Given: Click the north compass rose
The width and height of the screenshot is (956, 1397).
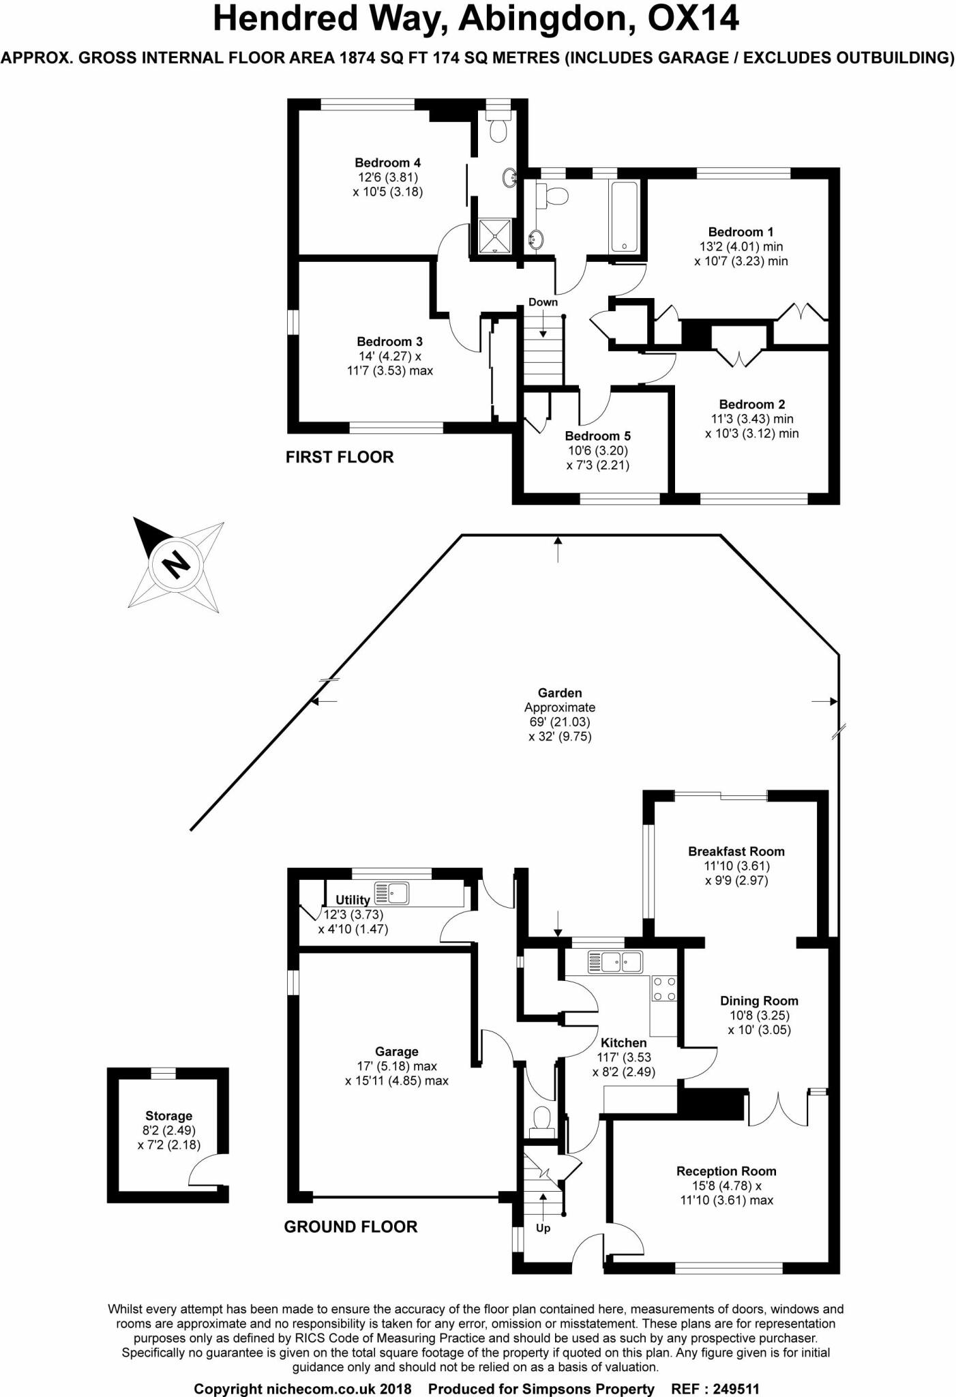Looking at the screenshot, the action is point(177,564).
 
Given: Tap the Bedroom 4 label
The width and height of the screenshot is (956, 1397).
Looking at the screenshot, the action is point(387,162).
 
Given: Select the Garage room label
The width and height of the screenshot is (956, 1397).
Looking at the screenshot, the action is point(396,1052).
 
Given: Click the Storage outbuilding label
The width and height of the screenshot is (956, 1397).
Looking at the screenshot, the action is point(168,1116).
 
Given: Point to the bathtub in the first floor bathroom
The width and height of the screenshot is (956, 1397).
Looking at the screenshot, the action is point(624,217).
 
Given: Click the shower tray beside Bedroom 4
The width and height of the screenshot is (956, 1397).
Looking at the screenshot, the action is point(496,236).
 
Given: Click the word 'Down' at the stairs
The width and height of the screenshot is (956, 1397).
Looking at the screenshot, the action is point(543,302).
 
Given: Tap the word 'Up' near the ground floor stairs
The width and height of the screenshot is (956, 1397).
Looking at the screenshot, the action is point(543,1229).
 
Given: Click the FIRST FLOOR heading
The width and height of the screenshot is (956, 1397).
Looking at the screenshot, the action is point(340,457).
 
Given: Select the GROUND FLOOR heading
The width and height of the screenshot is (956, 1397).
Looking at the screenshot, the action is point(350,1227).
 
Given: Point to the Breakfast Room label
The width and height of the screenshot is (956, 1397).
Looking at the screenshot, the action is point(736,851).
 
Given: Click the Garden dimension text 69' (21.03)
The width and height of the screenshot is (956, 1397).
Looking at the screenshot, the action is point(560,722).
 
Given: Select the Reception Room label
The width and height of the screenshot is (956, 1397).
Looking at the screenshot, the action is point(726,1171).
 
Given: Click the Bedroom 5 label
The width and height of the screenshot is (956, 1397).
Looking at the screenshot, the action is point(598,436).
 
